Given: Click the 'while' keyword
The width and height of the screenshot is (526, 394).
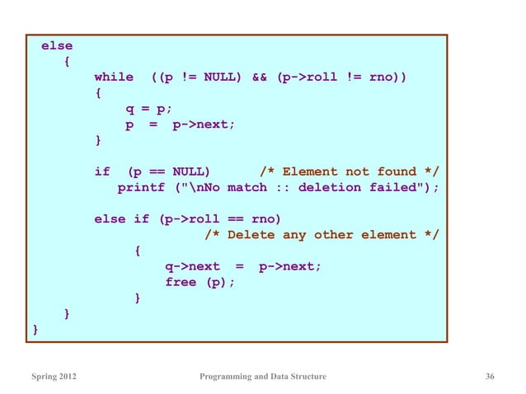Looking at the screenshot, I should pyautogui.click(x=114, y=77).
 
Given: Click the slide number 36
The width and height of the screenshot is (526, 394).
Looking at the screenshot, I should pyautogui.click(x=491, y=378).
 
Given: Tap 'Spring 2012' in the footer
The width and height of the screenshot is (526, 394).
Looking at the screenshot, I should pyautogui.click(x=56, y=378).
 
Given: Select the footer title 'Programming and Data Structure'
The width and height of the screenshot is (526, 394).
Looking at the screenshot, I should pyautogui.click(x=263, y=378).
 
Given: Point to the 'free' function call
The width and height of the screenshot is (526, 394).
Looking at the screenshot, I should pyautogui.click(x=181, y=283).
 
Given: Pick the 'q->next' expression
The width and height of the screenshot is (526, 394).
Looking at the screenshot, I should pyautogui.click(x=192, y=267).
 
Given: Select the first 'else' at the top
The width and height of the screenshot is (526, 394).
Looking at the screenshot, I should pyautogui.click(x=57, y=46).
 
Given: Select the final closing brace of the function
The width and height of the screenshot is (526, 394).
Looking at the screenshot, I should pyautogui.click(x=35, y=330).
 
